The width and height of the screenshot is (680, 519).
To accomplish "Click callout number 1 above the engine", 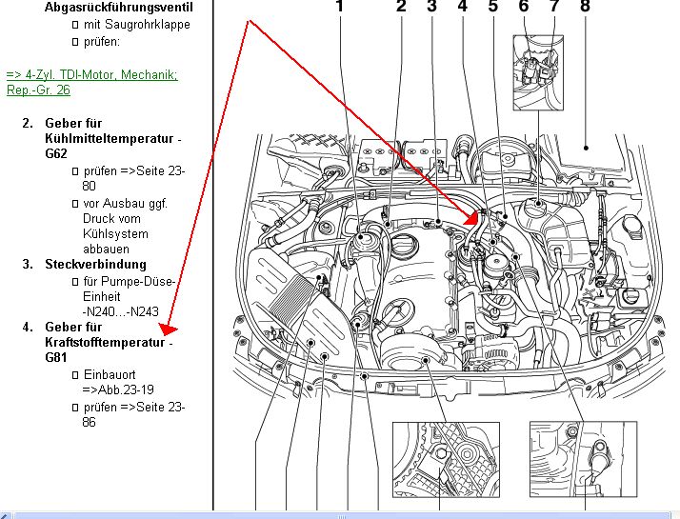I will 341,8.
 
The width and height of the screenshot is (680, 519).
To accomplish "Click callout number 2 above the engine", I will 401,8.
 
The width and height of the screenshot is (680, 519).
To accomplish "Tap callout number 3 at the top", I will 431,8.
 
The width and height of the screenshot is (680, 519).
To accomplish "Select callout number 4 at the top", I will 463,8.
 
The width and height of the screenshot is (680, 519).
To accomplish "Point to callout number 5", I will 493,8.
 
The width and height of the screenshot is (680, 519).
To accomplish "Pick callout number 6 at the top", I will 524,8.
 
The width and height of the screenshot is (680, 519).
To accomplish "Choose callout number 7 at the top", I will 553,8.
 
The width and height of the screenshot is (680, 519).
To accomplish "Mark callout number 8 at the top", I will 585,8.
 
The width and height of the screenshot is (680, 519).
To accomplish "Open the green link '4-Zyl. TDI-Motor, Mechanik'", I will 91,75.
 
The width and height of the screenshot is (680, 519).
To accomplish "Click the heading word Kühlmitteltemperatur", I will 108,139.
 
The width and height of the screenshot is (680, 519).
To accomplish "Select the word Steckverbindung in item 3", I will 95,264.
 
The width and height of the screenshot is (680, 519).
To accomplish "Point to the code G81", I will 57,358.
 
